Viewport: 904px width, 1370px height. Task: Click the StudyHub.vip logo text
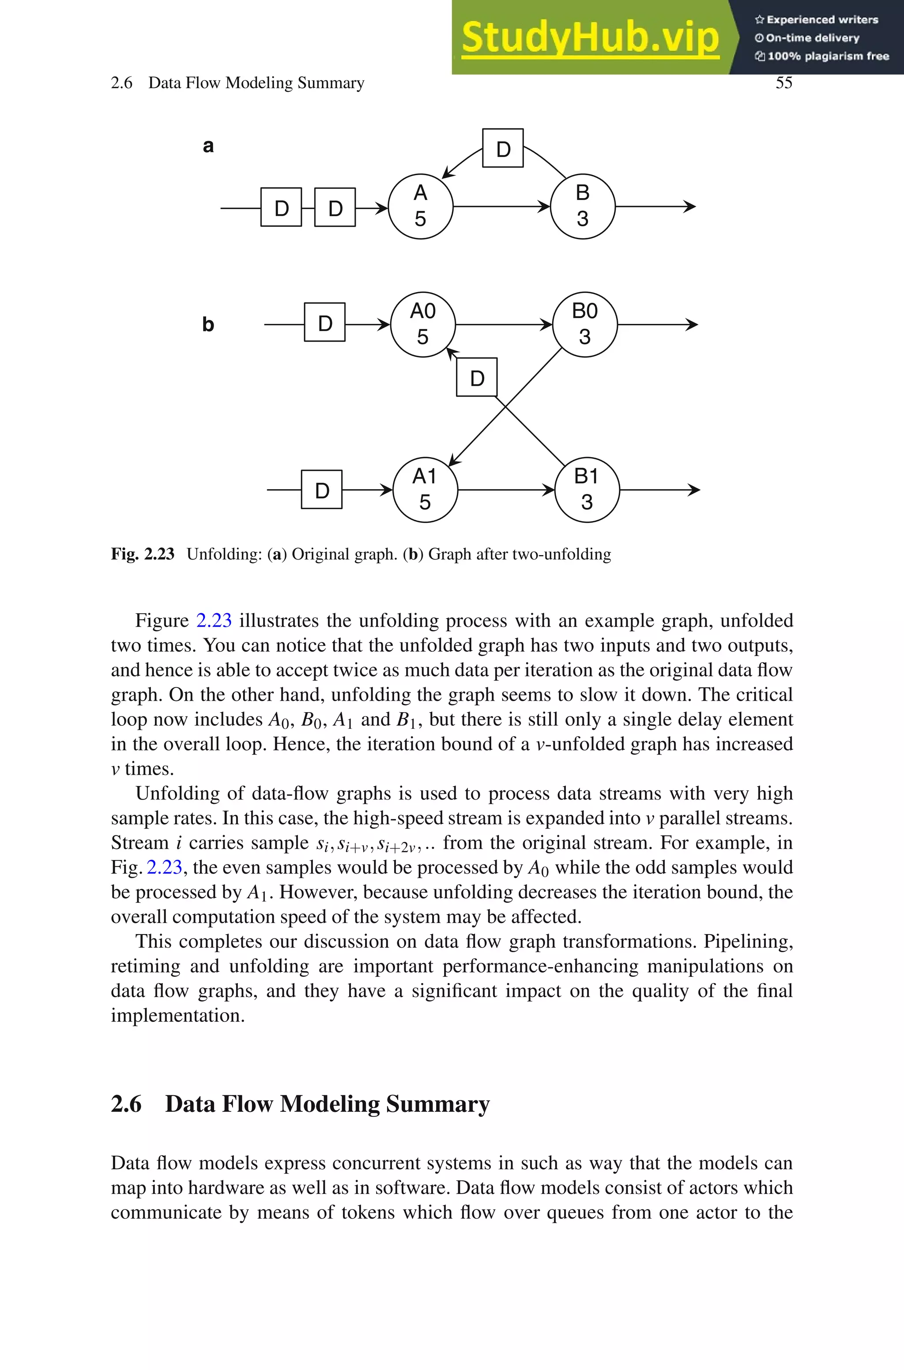(590, 38)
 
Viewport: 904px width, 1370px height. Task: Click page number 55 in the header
(783, 83)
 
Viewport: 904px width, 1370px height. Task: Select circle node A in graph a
(420, 206)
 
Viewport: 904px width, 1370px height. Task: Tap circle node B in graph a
(582, 206)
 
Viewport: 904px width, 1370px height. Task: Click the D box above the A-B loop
(503, 149)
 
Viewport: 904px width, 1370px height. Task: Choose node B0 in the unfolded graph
(584, 324)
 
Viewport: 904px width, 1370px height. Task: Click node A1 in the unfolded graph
(425, 490)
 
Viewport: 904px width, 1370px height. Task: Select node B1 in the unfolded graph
(587, 490)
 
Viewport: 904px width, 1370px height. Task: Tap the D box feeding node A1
(322, 490)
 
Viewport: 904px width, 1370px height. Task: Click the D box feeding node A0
(324, 323)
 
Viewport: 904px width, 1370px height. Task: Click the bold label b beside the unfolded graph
(208, 324)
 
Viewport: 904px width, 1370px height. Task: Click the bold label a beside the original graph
(208, 146)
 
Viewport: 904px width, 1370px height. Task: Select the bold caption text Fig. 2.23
(143, 554)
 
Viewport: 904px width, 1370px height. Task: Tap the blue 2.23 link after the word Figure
(214, 620)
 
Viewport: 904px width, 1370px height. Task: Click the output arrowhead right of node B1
(694, 490)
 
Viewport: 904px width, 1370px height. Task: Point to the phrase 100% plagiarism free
(828, 56)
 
